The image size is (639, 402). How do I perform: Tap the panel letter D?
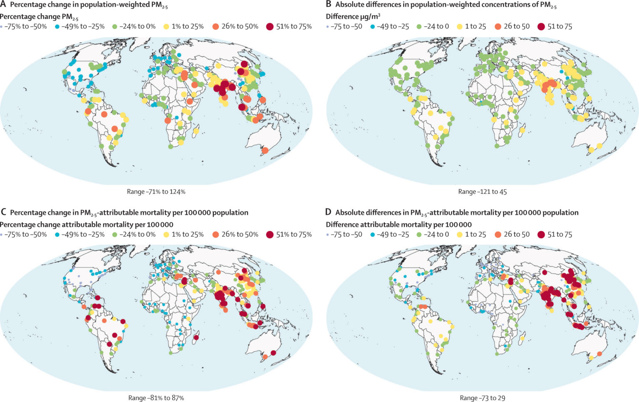click(328, 212)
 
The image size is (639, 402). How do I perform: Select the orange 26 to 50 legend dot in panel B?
click(498, 26)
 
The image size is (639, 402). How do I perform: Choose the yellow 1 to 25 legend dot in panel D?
click(459, 234)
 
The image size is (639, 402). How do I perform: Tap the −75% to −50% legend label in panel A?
click(26, 26)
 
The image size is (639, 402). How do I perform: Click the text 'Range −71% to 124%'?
click(156, 192)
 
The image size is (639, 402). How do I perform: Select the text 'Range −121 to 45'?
click(482, 192)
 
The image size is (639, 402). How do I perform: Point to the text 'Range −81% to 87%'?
click(156, 398)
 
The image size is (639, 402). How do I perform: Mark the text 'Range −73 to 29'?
click(482, 398)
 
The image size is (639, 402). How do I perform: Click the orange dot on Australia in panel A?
click(265, 150)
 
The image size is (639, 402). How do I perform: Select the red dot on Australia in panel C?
click(273, 353)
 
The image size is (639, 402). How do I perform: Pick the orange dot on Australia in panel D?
click(599, 354)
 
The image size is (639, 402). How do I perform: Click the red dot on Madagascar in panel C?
click(195, 337)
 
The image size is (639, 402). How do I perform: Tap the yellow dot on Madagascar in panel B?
click(522, 130)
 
